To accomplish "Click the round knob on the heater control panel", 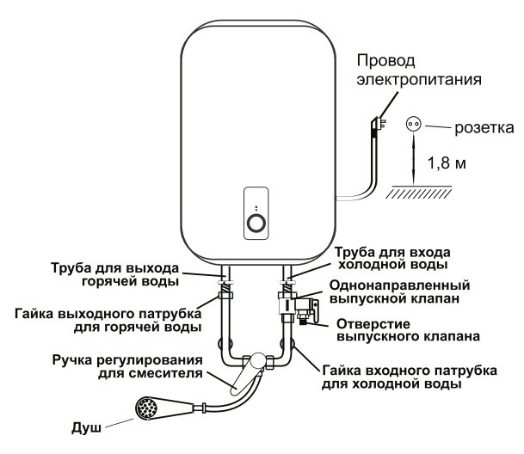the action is coord(256,224).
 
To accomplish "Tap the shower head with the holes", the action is coord(146,408).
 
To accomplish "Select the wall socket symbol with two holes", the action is coord(414,125).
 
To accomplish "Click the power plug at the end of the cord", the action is coord(379,125).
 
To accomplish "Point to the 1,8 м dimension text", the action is coord(447,163).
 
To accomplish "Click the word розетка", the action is coord(484,128).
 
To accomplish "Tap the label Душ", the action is coord(86,428).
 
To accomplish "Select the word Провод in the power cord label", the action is coord(386,62).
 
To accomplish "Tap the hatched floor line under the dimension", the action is coord(419,192).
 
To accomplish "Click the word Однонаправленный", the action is coord(400,285).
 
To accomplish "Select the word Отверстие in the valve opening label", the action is coord(373,324).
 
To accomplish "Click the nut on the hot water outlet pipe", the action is coord(225,295).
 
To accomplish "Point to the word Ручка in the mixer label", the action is coord(72,360).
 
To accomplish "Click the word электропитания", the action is coord(419,80).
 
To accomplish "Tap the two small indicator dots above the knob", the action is coord(256,208).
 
